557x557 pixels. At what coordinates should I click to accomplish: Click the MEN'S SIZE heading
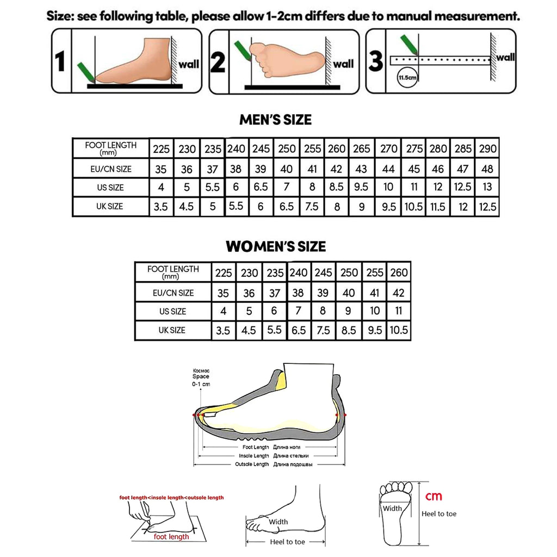coord(276,120)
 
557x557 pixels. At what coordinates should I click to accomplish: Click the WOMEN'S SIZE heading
coord(276,246)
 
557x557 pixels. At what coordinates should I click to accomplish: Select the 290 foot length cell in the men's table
coord(487,148)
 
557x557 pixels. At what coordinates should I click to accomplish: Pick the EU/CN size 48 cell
coord(487,169)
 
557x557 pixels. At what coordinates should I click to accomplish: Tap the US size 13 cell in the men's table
coord(487,188)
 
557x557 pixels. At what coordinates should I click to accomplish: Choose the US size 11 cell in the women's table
coord(399,311)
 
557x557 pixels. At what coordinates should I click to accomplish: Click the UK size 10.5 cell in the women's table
coord(399,330)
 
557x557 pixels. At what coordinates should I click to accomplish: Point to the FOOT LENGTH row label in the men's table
coord(111,148)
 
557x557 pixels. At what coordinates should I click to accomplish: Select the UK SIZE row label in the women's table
coord(173,330)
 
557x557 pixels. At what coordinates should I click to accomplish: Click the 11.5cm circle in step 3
coord(407,78)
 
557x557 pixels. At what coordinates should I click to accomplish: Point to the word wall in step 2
coord(343,64)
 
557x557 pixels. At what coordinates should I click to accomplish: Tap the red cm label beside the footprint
coord(434,496)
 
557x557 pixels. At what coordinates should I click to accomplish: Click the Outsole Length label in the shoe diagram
coord(252,464)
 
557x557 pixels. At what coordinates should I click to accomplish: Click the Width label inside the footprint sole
coord(392,509)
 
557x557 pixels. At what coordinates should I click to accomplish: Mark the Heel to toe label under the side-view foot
coord(287,542)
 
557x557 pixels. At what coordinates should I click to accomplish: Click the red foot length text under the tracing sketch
coord(171,536)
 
